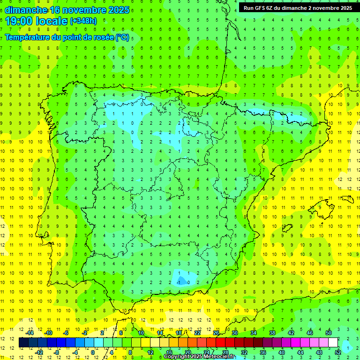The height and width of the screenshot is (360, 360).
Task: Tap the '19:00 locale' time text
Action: (x=37, y=21)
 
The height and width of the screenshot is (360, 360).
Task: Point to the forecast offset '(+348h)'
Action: (x=83, y=21)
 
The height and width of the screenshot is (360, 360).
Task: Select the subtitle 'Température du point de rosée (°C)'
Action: (x=67, y=37)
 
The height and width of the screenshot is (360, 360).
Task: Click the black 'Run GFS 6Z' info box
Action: (x=298, y=7)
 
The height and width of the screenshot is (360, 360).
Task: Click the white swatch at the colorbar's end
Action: (x=333, y=343)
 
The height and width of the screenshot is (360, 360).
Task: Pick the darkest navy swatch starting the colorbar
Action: (x=23, y=343)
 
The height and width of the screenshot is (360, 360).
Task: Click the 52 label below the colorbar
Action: (x=338, y=352)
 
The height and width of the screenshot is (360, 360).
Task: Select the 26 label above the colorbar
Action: (x=216, y=333)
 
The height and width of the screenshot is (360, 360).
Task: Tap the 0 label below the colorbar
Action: (x=92, y=352)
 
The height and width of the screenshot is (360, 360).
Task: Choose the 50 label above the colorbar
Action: (x=329, y=333)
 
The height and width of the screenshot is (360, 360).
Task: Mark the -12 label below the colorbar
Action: (x=39, y=352)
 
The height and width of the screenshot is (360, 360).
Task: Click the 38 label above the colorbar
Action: (x=272, y=333)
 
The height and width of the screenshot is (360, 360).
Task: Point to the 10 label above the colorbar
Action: (x=141, y=333)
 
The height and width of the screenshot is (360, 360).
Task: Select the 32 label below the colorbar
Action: (x=244, y=352)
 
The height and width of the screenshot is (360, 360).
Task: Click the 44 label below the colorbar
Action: (x=300, y=352)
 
